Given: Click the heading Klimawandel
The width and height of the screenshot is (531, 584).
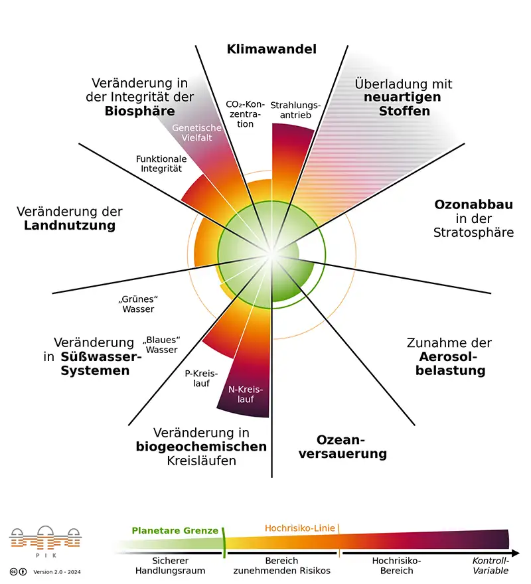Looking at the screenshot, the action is pos(271,49).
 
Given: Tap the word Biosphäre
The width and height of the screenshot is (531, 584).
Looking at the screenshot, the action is pos(140,111).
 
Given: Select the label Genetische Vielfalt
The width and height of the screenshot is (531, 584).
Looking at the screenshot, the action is pos(196,133).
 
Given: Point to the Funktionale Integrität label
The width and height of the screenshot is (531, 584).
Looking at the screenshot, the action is pos(161,163).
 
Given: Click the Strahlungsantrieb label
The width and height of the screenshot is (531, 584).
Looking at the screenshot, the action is pos(295,110).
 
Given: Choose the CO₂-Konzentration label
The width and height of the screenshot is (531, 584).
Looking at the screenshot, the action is pos(245,114).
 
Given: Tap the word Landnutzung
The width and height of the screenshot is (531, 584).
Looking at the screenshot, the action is pos(70,226).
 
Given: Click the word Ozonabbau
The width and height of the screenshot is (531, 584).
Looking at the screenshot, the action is pos(474,204).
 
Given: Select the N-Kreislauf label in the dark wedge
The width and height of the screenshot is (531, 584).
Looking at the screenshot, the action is pos(246,394).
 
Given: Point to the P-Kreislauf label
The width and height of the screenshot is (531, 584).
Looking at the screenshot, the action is pos(201,378).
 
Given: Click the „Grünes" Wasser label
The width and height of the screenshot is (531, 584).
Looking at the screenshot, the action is pos(138,304).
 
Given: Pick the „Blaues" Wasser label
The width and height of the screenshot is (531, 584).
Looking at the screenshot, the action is pos(161,345).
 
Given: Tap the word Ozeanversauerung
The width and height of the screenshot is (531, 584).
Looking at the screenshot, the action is pos(342,447).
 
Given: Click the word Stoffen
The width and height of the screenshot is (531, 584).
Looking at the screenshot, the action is pos(404,111).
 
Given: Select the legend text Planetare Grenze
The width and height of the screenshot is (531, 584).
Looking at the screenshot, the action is pos(175,530).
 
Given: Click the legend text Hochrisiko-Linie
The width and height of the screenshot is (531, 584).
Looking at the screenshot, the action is pos(300,528).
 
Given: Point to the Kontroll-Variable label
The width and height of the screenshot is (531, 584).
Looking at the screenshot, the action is pos(491,565).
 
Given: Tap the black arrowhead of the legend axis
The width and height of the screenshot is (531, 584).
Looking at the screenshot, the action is pos(516,553).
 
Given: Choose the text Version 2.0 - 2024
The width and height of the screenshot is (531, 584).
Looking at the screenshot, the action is pos(57,572).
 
